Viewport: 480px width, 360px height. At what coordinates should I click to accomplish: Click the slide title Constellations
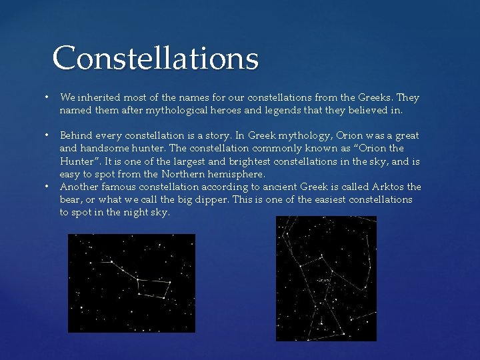(155, 58)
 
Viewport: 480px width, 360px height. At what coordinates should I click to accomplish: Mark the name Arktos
(385, 187)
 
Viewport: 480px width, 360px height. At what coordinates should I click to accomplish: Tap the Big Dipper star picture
(131, 283)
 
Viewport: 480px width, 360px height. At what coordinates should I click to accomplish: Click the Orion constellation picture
(326, 279)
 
